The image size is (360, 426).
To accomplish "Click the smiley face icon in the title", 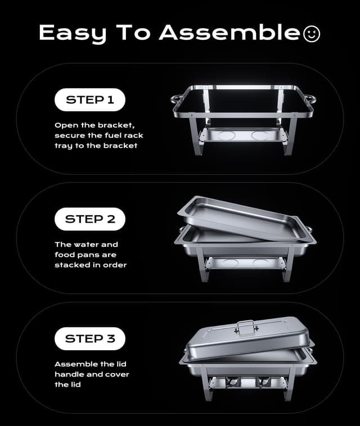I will point(311,34).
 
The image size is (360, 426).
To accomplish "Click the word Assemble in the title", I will point(229,33).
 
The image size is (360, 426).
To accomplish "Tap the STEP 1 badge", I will point(89,100).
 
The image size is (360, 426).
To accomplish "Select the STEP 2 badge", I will point(89,219).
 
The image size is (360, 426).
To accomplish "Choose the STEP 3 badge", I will point(89,338).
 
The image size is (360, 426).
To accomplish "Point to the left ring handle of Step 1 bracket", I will point(176,99).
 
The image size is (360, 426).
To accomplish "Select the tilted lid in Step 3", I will point(247,337).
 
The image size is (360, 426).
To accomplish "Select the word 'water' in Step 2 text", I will point(88,244).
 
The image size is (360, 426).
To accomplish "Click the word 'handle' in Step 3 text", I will point(69,374).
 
